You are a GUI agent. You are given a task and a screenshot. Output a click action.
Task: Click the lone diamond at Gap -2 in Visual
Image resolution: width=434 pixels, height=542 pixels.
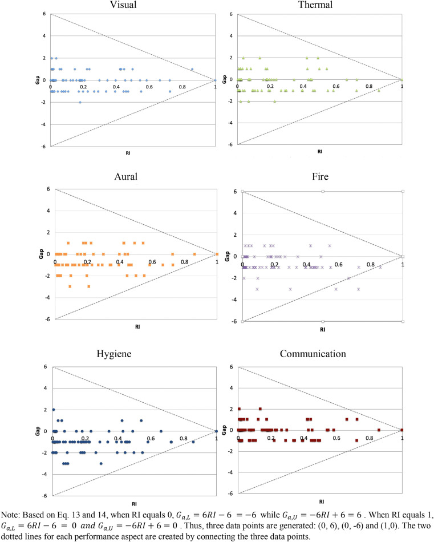click(x=80, y=102)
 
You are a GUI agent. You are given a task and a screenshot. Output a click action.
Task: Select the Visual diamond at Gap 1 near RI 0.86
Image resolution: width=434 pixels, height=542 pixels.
click(x=192, y=69)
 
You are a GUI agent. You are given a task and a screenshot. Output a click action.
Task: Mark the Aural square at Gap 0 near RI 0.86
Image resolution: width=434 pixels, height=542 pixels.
click(x=194, y=254)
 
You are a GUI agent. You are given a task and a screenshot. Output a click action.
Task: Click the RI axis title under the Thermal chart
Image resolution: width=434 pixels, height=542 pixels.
click(x=319, y=152)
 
